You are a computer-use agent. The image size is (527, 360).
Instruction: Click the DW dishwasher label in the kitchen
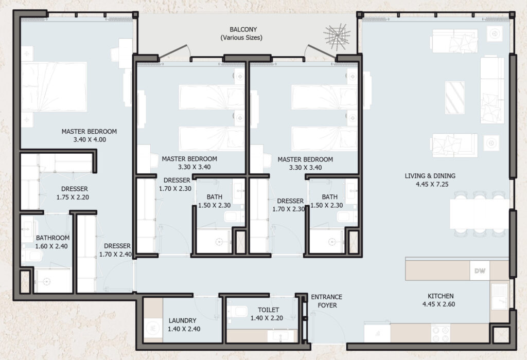click(480, 271)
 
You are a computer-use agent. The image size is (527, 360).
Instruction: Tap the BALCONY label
click(243, 29)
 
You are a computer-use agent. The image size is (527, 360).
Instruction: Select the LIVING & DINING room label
click(430, 176)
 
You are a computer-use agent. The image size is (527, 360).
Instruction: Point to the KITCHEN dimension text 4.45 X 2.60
click(438, 304)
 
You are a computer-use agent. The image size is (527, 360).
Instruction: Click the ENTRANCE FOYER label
click(327, 301)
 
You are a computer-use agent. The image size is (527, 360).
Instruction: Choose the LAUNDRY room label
click(183, 321)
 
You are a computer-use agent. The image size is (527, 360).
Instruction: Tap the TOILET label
click(268, 310)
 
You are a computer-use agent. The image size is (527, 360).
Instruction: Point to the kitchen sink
click(499, 297)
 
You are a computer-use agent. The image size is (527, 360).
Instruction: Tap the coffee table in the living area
click(455, 98)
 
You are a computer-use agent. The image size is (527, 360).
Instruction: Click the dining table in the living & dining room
click(480, 214)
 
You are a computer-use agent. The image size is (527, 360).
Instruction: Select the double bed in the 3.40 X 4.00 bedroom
click(54, 86)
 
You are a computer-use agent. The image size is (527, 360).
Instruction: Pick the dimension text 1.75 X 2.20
click(73, 197)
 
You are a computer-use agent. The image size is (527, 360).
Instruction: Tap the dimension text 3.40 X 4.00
click(90, 140)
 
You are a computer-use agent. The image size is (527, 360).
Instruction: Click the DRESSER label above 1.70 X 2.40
click(117, 246)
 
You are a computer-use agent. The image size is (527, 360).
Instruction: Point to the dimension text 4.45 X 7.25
click(432, 184)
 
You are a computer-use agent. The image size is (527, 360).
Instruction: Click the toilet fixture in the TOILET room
click(235, 311)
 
